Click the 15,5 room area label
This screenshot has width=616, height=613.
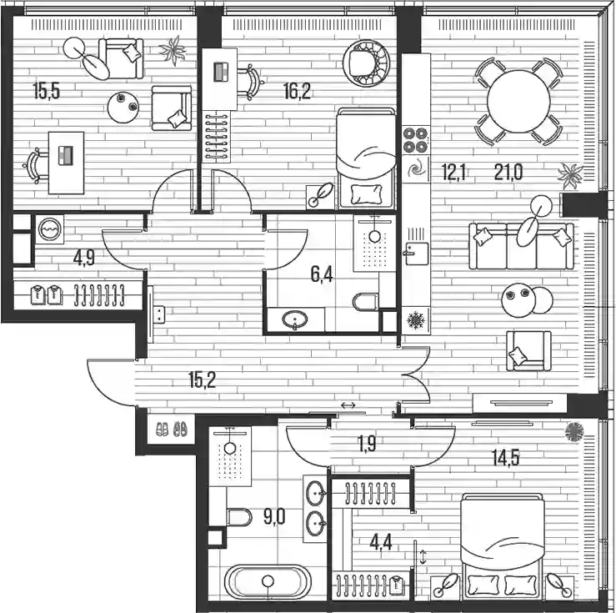[47, 91]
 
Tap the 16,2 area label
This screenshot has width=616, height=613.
[297, 91]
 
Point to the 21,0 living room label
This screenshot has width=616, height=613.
[508, 172]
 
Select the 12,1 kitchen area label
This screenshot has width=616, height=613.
[453, 172]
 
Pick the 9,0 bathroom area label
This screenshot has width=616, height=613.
[274, 516]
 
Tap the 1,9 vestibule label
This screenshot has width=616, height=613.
[367, 444]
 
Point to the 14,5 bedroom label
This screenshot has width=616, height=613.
[506, 457]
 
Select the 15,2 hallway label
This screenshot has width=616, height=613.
[203, 379]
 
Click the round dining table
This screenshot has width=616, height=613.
[518, 102]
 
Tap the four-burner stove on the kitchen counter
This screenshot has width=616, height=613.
[416, 140]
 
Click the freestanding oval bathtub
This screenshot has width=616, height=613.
[268, 581]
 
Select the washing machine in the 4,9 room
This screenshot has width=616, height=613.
[50, 229]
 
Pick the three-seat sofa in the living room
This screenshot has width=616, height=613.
[521, 246]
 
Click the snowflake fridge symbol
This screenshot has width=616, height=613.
[416, 320]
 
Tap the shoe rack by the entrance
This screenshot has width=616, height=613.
[172, 429]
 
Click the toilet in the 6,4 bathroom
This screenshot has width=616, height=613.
[366, 302]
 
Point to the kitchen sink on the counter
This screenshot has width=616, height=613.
[416, 254]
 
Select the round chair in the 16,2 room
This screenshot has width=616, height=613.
[366, 63]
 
